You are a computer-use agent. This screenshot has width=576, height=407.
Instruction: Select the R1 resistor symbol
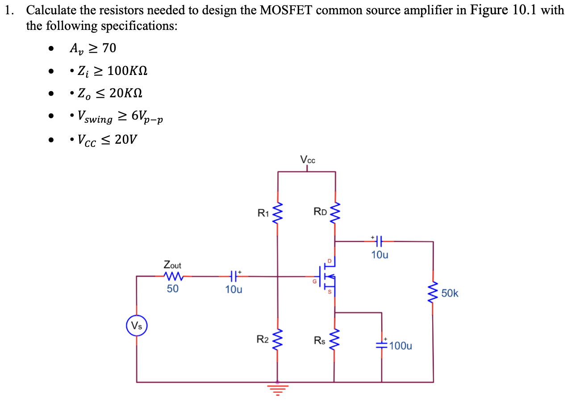coord(278,213)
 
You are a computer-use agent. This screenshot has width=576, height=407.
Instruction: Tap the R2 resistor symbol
coord(278,341)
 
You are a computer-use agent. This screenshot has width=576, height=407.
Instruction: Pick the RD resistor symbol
coord(335,213)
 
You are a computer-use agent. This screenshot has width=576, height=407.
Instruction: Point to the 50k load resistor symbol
coord(432,293)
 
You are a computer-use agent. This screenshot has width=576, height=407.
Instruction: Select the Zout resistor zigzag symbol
coord(172,276)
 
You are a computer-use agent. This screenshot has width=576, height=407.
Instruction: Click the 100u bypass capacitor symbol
coord(382,344)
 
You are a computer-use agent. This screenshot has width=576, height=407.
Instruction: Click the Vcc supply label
coord(308,160)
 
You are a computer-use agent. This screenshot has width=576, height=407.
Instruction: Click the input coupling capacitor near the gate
coord(234,276)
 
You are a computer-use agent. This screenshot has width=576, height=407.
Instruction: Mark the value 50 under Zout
coord(172,289)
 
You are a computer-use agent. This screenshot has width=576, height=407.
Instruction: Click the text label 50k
coord(450,293)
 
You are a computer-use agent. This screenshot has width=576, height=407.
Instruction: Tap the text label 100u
coord(401,345)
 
